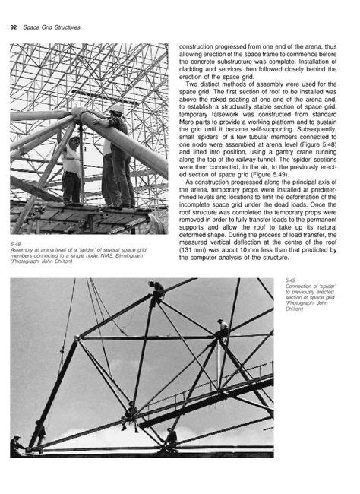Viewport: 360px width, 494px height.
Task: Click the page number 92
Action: pos(13,27)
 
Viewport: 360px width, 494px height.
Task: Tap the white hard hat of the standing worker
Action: pos(116,111)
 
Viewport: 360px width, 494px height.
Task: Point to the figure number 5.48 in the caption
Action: pos(15,243)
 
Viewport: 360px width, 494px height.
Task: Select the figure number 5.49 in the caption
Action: pos(291,280)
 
